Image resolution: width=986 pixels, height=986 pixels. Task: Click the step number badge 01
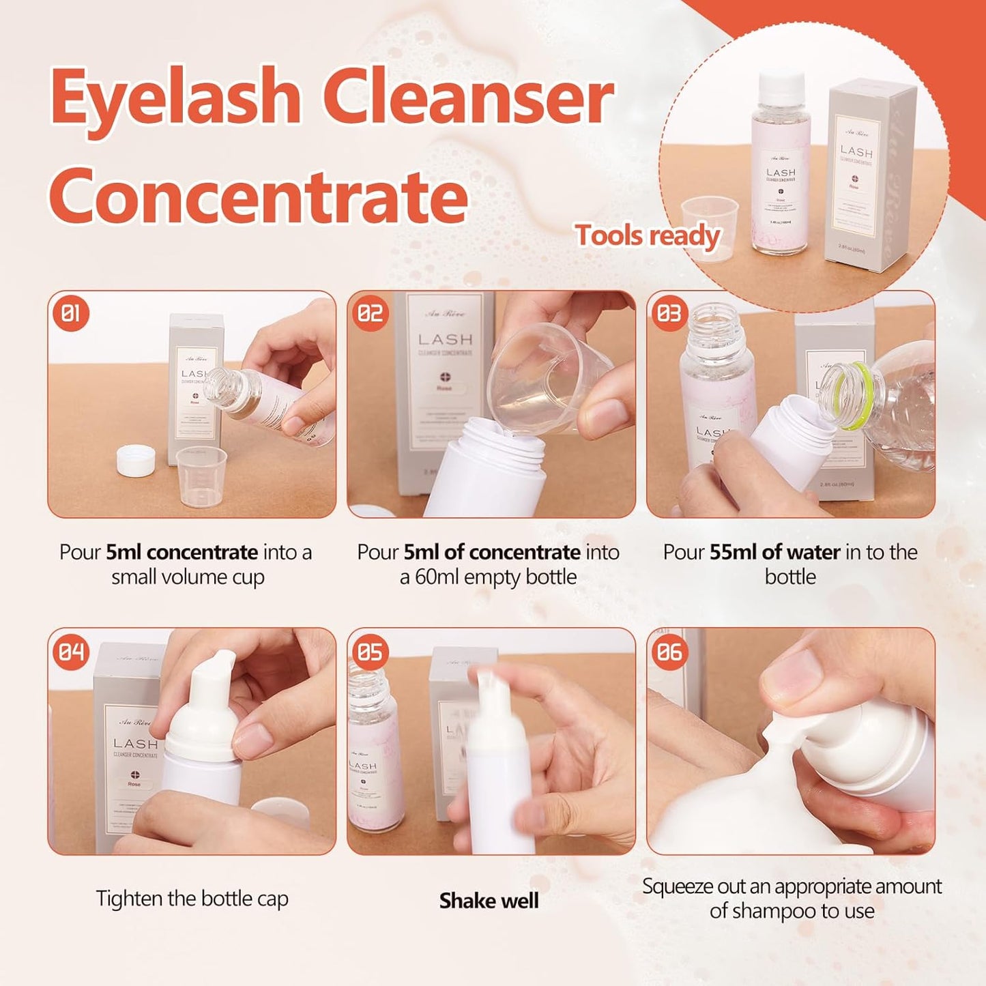pyautogui.click(x=71, y=314)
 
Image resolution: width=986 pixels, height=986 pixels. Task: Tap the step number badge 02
pyautogui.click(x=371, y=314)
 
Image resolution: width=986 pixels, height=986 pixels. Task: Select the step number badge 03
pyautogui.click(x=669, y=314)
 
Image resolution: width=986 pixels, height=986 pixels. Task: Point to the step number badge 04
pyautogui.click(x=71, y=652)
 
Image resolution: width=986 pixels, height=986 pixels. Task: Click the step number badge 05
pyautogui.click(x=371, y=652)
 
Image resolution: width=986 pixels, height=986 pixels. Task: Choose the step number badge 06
pyautogui.click(x=669, y=652)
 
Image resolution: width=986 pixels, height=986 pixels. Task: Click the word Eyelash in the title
pyautogui.click(x=176, y=98)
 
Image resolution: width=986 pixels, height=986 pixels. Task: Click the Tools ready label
pyautogui.click(x=648, y=236)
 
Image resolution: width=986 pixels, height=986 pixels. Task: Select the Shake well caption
pyautogui.click(x=489, y=901)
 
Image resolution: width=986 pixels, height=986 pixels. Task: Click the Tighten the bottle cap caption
pyautogui.click(x=192, y=899)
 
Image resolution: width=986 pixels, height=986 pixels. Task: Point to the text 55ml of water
pyautogui.click(x=774, y=552)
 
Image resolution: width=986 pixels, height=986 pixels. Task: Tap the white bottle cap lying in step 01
pyautogui.click(x=136, y=461)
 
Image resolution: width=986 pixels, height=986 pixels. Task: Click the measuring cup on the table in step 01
pyautogui.click(x=201, y=476)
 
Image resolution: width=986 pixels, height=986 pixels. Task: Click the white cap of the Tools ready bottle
pyautogui.click(x=781, y=85)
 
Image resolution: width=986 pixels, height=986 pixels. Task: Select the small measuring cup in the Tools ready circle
pyautogui.click(x=710, y=218)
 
